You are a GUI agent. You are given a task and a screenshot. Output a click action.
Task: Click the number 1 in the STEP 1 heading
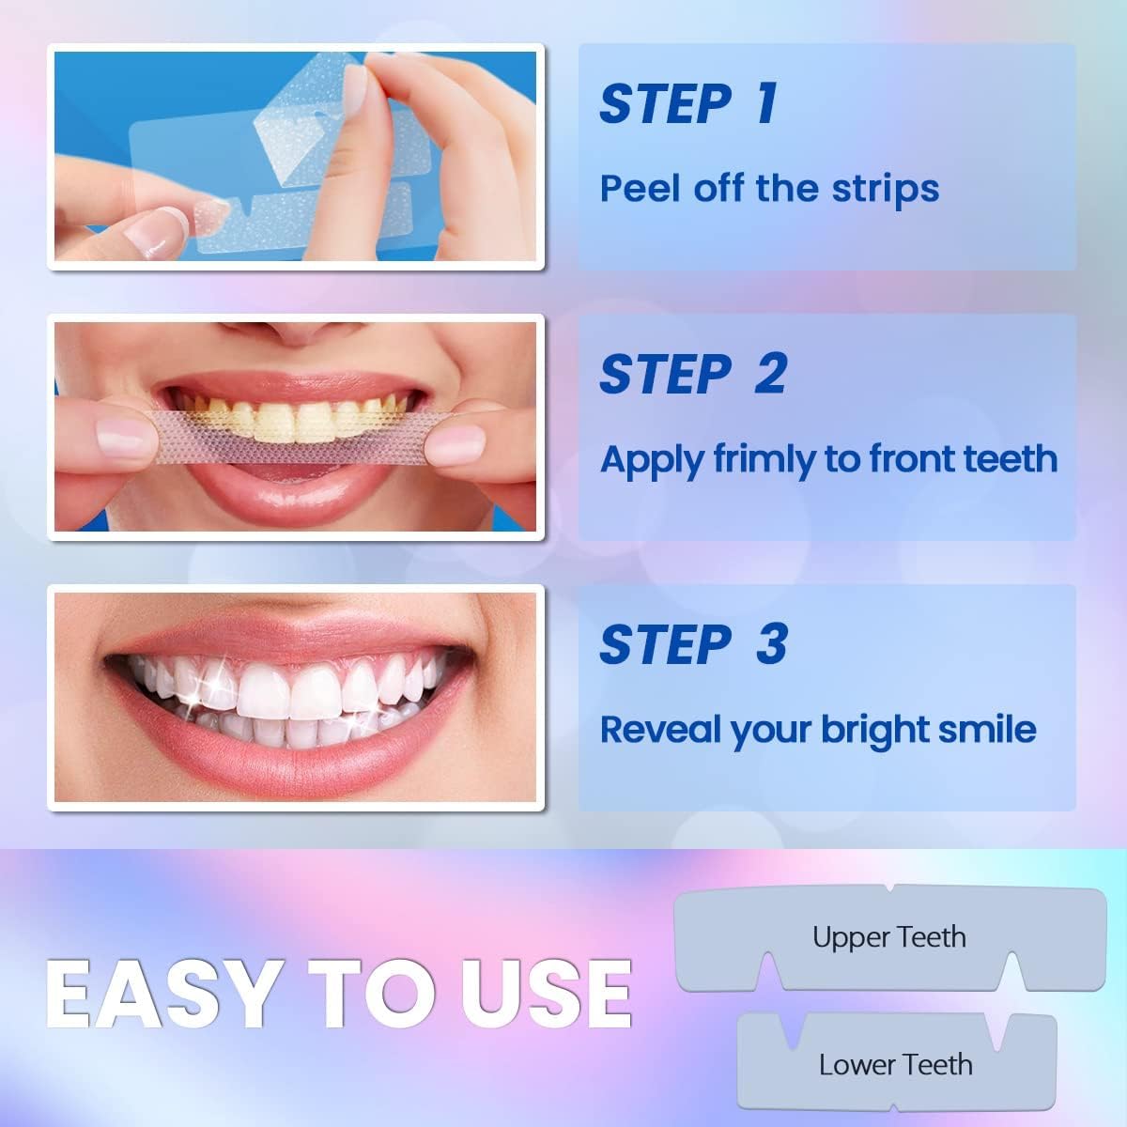(x=766, y=103)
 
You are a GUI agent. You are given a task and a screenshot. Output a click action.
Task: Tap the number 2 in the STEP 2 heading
(x=770, y=374)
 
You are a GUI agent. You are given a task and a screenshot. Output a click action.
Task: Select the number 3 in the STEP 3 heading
(x=771, y=644)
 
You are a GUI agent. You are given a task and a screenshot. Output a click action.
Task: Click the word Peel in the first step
(x=641, y=188)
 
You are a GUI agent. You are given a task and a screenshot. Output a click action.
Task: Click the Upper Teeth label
(x=888, y=937)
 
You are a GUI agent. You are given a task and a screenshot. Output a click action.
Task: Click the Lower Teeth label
(x=895, y=1065)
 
